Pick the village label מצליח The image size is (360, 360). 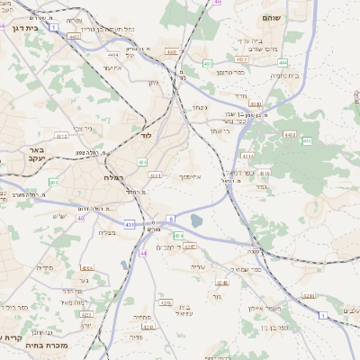[105, 233]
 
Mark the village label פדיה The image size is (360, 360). [46, 267]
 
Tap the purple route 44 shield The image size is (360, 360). [143, 253]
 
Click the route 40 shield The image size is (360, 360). [81, 217]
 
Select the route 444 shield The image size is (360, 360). [283, 62]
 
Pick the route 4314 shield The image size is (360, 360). [248, 156]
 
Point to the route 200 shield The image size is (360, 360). [54, 183]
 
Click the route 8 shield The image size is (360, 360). [170, 219]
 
